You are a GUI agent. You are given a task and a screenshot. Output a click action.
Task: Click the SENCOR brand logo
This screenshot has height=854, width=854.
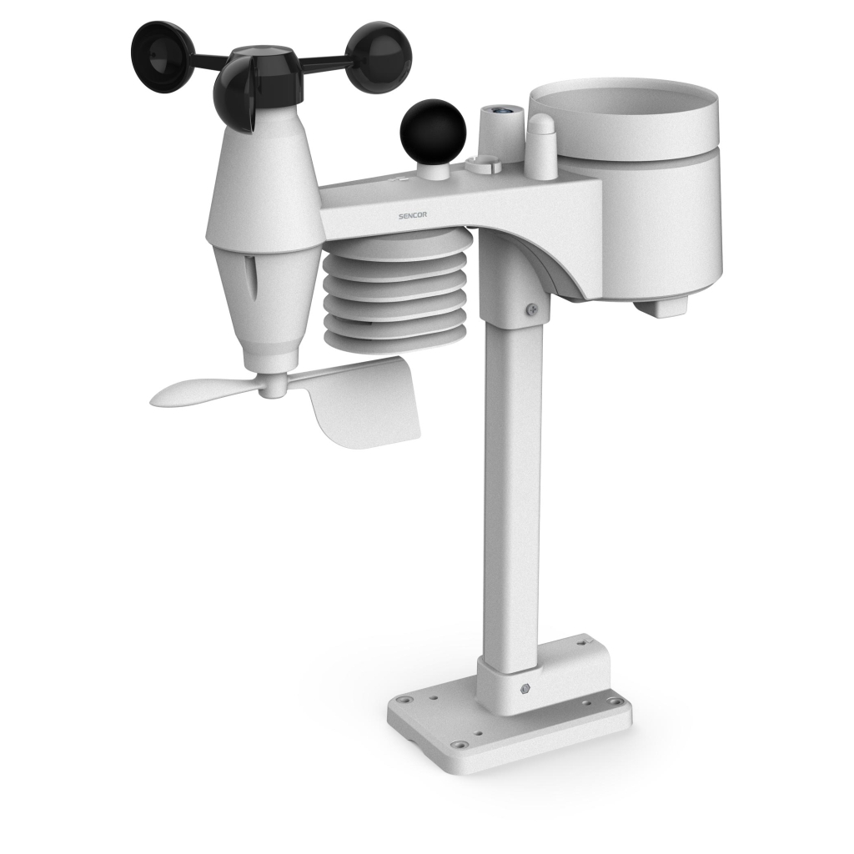(414, 214)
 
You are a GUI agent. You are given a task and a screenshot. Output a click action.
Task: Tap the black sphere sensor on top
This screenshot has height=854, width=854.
(432, 128)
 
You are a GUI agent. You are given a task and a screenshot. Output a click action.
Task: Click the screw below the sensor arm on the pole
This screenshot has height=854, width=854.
(530, 310)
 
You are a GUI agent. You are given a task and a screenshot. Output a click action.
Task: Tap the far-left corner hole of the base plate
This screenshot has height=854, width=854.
(404, 701)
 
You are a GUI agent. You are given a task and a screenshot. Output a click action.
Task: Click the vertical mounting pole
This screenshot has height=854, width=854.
(510, 484)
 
